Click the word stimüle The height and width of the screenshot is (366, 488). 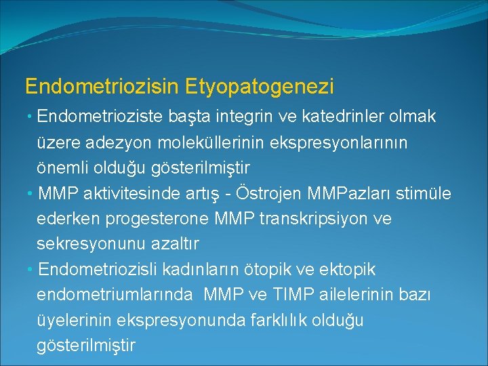[x=426, y=195]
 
